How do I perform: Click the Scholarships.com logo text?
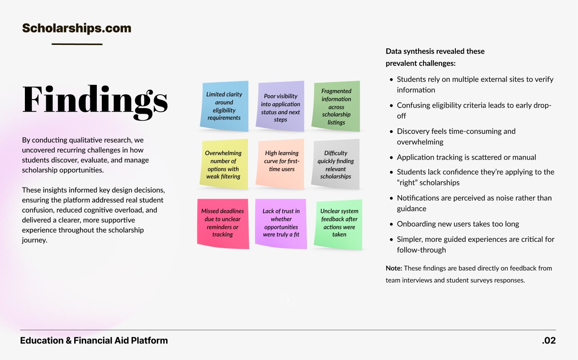tap(76, 28)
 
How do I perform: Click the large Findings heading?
tap(95, 99)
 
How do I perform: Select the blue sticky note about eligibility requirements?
tap(224, 106)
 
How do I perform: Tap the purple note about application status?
tap(281, 107)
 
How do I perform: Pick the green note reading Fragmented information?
tap(336, 107)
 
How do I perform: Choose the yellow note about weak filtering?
tap(223, 164)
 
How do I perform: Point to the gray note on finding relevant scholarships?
tap(335, 164)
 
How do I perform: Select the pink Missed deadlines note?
tap(223, 223)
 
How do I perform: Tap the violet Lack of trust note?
tap(281, 223)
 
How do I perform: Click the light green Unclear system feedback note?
tap(339, 223)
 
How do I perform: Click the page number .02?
tap(549, 341)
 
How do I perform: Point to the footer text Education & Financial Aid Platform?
tap(94, 341)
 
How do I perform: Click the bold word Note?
tap(394, 268)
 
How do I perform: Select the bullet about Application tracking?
tap(466, 157)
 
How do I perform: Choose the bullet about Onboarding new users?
tap(458, 224)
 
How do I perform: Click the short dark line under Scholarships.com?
tap(77, 44)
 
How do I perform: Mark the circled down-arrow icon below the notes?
tap(288, 300)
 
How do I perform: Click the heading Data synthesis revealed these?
tap(435, 52)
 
